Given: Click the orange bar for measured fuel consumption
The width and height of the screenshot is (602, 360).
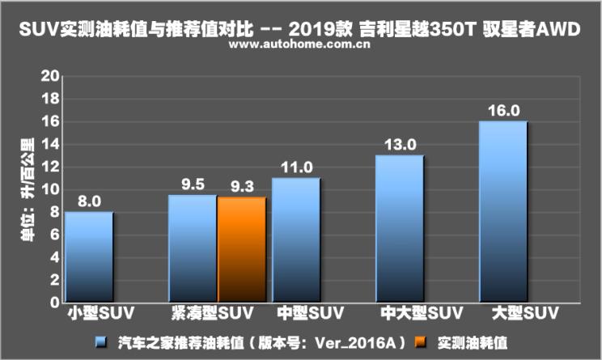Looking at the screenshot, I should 241,250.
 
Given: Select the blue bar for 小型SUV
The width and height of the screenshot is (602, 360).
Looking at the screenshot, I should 89,257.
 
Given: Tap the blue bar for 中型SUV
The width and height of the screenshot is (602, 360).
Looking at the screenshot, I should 296,240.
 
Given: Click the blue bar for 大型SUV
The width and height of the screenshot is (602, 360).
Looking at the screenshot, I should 503,212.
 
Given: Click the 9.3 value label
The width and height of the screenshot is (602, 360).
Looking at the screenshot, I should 241,186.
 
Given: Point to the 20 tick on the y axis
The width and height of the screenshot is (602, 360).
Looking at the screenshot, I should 52,76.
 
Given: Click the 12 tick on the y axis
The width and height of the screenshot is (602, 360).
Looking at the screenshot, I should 52,167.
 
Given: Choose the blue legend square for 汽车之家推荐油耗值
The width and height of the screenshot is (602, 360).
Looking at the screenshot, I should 100,342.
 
